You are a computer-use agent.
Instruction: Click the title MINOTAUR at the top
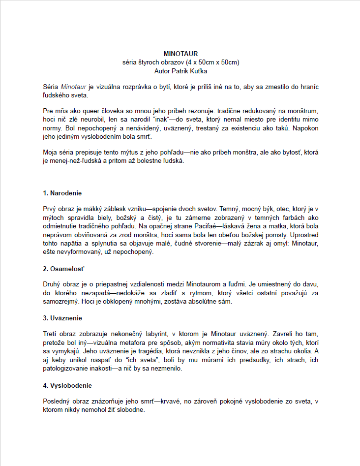[x=180, y=54]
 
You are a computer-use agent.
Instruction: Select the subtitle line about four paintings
[x=180, y=62]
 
